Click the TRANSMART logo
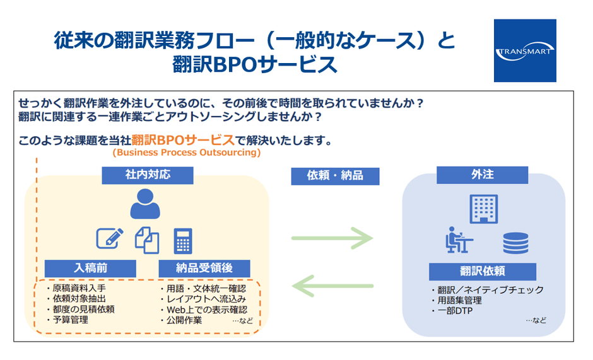(x=525, y=50)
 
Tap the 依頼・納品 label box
(x=335, y=175)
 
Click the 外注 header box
(x=482, y=175)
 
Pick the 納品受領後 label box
(x=205, y=268)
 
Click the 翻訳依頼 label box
(x=483, y=272)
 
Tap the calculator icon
(x=184, y=240)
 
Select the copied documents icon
(x=147, y=240)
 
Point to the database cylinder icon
(x=515, y=243)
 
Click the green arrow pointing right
(x=332, y=238)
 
